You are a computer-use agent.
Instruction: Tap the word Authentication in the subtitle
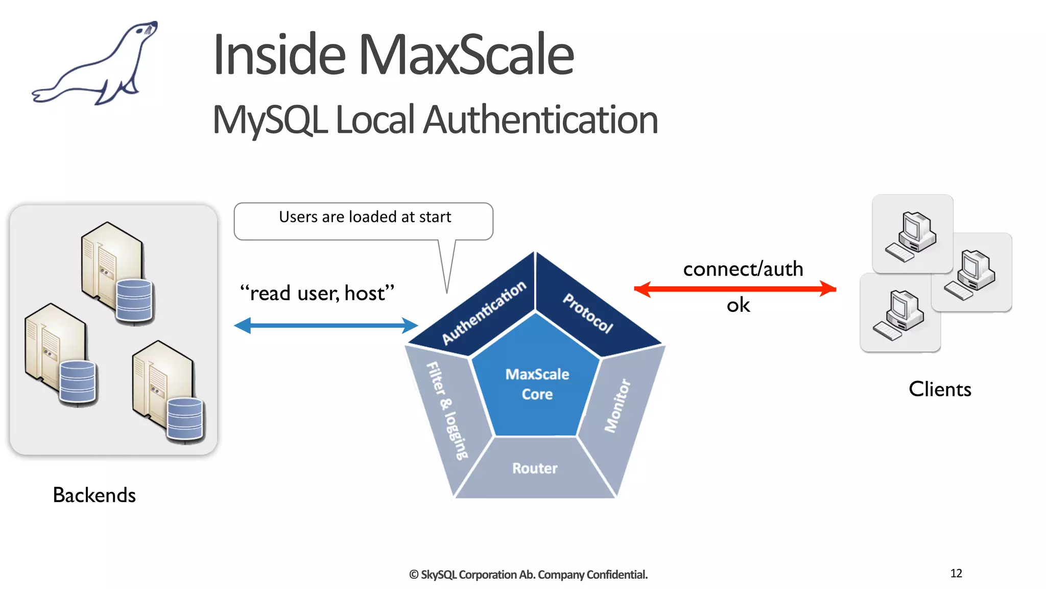click(540, 120)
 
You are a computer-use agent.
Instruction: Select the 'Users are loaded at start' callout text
click(365, 217)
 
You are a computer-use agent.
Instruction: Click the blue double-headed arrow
click(326, 325)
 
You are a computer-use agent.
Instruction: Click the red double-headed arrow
click(734, 289)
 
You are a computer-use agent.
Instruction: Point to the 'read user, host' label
click(317, 293)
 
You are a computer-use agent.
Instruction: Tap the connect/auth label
click(743, 269)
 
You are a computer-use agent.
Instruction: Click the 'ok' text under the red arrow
click(738, 305)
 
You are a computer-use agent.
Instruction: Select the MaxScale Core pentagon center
click(536, 383)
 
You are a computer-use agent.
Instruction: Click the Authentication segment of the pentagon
click(483, 312)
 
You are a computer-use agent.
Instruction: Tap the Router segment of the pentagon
click(535, 468)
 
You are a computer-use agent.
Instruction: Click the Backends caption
click(94, 495)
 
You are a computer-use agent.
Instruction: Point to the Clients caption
click(940, 389)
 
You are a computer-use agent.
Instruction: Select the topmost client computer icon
click(912, 234)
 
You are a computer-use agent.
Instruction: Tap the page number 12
click(956, 573)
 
